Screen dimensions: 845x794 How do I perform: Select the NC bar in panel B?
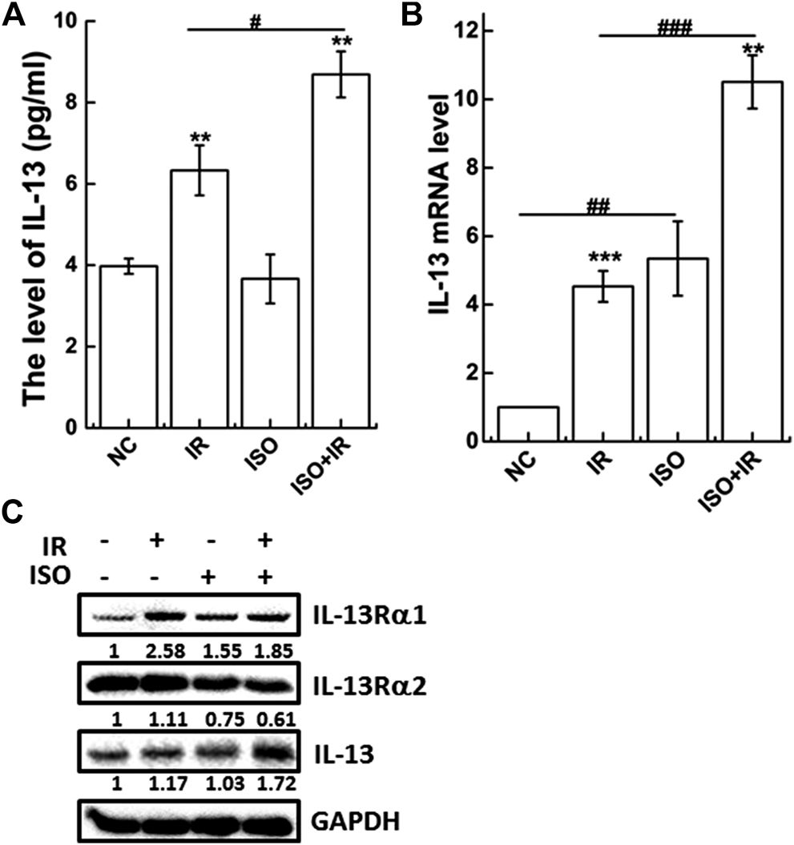pos(528,424)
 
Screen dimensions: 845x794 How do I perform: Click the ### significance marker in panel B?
pos(674,26)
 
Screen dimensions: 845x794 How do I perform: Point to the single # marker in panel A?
pos(256,22)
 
